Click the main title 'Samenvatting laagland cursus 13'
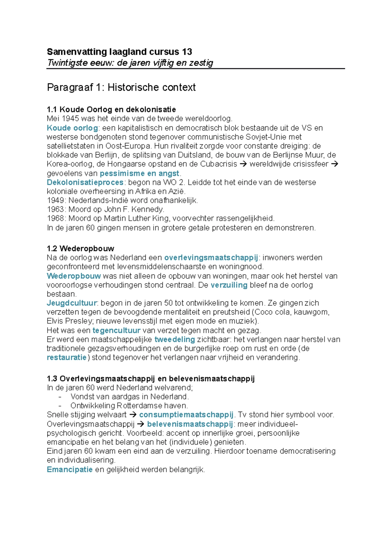[119, 52]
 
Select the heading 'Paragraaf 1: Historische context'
[121, 87]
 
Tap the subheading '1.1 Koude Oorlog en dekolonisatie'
[111, 109]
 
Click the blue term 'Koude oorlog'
[72, 128]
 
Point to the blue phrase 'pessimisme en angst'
[139, 173]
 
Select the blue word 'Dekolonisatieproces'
[85, 182]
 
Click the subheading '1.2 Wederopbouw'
[80, 249]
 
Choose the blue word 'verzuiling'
[229, 285]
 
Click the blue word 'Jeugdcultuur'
[72, 303]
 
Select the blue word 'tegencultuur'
[116, 330]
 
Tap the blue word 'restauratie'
[67, 357]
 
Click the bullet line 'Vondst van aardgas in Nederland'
[129, 397]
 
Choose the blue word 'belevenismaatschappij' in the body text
[190, 424]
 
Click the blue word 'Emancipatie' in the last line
[70, 470]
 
